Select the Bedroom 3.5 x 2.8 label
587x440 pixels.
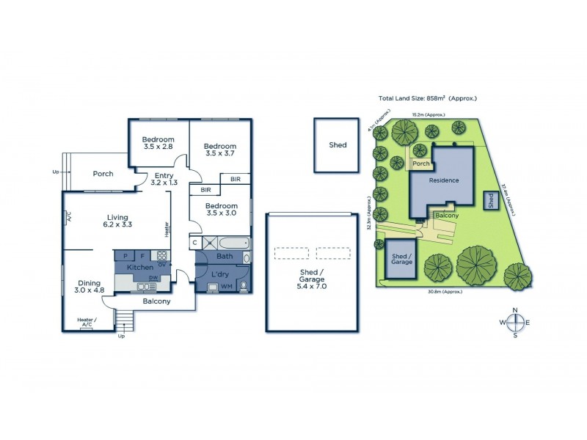click(158, 144)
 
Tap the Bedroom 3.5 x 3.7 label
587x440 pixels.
click(220, 150)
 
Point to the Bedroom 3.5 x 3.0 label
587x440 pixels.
click(221, 210)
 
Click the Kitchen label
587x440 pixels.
click(140, 268)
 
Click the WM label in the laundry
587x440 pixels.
click(226, 286)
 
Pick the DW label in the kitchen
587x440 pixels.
click(153, 278)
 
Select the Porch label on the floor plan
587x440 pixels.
click(103, 174)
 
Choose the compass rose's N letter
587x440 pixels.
click(516, 309)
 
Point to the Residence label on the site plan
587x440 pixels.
click(444, 180)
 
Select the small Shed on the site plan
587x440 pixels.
click(489, 200)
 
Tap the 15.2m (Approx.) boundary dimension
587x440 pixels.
click(426, 115)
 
